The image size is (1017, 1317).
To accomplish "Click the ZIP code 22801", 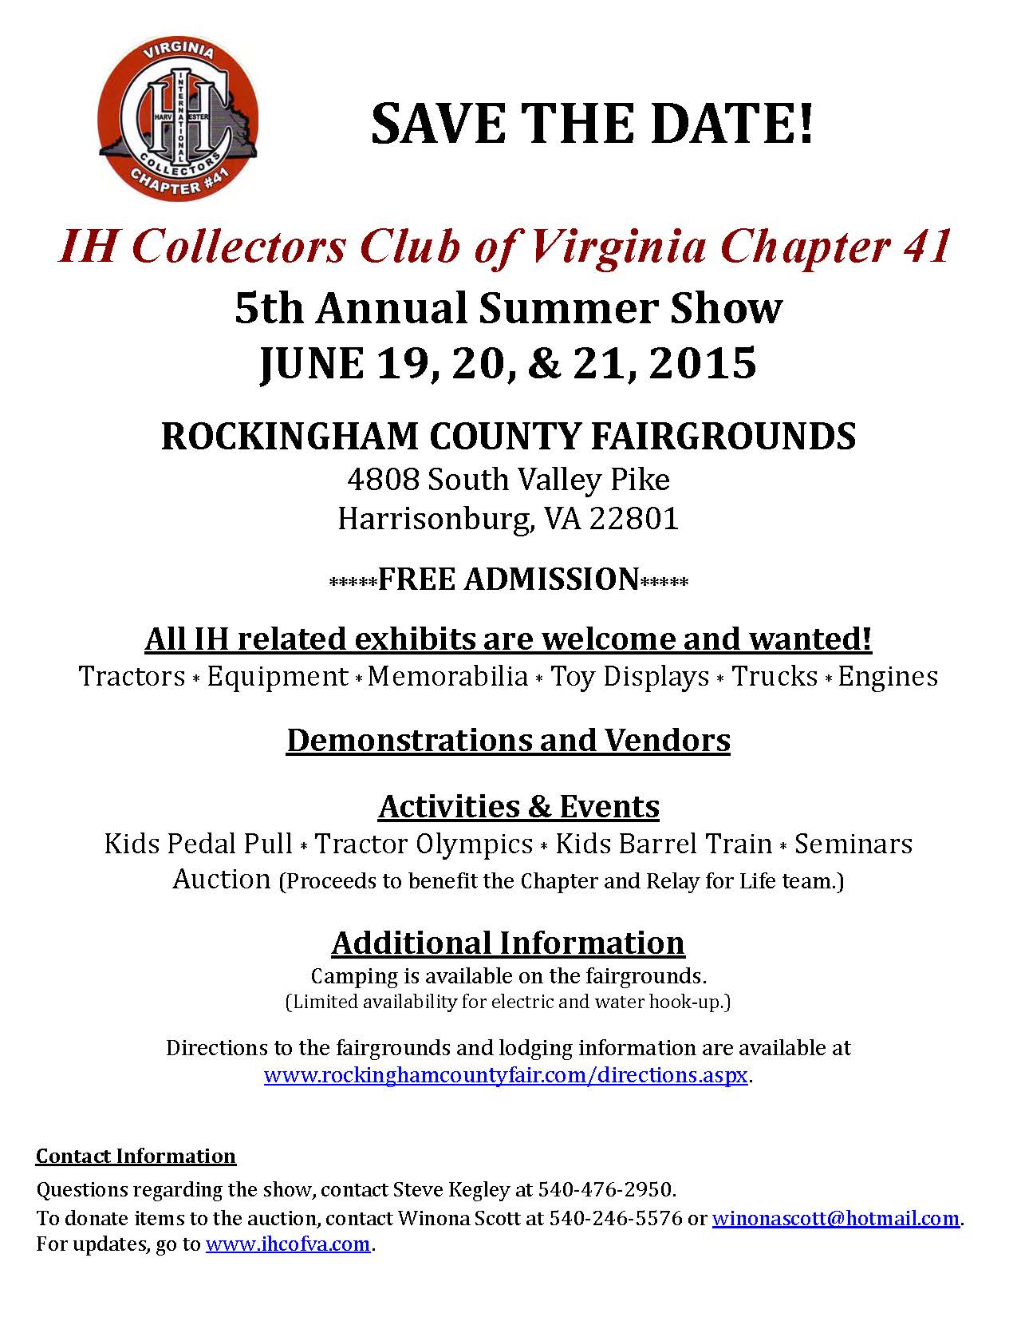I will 634,519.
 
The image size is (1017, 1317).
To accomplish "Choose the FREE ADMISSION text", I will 508,579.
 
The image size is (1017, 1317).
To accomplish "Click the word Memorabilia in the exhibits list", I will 448,677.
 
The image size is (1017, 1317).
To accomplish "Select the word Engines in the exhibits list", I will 888,677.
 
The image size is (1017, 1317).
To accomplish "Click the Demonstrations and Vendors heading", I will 508,740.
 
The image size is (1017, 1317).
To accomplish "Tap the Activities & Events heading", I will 518,806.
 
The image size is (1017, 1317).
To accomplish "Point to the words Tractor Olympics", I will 424,844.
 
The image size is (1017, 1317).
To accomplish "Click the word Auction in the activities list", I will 222,880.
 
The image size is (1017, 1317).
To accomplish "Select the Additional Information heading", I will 508,943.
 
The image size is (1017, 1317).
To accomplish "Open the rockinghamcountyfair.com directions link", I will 506,1075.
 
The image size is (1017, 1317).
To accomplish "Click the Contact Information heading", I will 136,1157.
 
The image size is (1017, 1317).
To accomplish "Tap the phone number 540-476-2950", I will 605,1189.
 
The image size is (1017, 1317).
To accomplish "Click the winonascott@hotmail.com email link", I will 835,1219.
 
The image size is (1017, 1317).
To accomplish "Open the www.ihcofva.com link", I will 288,1244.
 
